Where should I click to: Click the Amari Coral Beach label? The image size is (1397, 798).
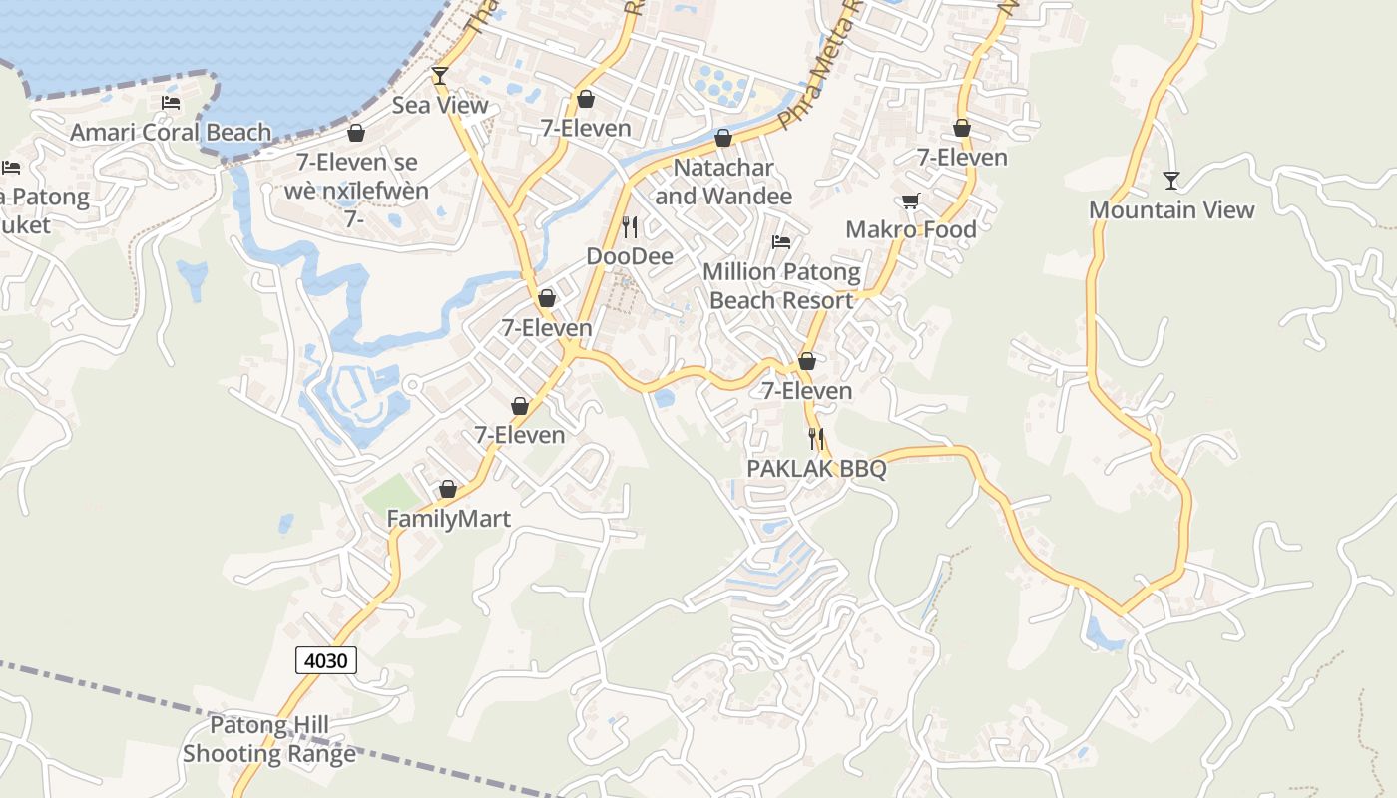[171, 132]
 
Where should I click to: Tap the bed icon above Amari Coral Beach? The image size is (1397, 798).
[171, 103]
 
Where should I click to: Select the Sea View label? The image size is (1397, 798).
[440, 105]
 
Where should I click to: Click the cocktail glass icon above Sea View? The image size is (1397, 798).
[440, 76]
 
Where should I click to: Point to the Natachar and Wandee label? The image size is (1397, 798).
[723, 182]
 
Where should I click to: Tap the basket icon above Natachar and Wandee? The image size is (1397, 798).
[723, 138]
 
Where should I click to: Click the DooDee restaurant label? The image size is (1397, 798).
[630, 256]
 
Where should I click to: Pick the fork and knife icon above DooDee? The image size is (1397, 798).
[630, 227]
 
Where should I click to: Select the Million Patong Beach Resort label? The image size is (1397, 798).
[781, 286]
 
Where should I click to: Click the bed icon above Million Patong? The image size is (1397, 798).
[781, 242]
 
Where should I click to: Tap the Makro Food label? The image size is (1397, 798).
[911, 229]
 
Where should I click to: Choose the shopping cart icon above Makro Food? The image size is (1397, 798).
[911, 201]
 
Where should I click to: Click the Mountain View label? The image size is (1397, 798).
[1171, 210]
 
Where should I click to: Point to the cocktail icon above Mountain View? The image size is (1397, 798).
[1171, 181]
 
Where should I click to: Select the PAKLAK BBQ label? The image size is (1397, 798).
[816, 468]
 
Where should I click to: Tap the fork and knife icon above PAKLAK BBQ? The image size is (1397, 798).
[816, 438]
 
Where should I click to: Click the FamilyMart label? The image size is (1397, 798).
[448, 519]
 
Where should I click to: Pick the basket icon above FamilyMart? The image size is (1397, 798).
[448, 489]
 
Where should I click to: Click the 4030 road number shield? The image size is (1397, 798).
[326, 660]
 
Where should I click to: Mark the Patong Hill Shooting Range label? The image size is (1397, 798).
[269, 739]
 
